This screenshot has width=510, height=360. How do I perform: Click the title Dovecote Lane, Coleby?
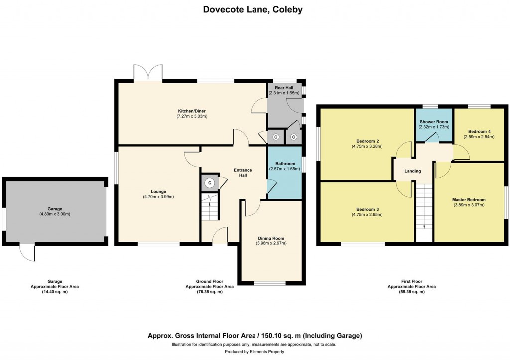pos(253,9)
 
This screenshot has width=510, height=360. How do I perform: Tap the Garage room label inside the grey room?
pos(55,209)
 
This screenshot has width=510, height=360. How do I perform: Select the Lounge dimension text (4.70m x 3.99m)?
pos(158,197)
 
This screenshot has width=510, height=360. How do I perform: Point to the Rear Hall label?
pos(284,88)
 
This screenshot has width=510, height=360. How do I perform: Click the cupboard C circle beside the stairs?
pos(210,183)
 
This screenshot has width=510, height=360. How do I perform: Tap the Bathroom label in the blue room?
pos(285,164)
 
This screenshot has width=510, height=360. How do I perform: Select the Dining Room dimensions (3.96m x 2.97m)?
pos(271,243)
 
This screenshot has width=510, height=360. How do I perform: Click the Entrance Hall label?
pos(243,173)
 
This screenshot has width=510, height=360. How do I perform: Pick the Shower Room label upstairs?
pos(434,122)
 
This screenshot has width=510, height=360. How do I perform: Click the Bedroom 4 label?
pos(479,132)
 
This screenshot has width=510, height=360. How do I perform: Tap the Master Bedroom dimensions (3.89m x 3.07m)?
pos(469,205)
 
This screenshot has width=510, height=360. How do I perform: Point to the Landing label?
pos(413,171)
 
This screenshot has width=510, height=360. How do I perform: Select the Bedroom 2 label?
pos(367,141)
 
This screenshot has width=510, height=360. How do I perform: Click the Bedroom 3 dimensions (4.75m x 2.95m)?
pos(367,215)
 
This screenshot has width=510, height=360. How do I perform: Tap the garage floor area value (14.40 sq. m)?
pos(55,292)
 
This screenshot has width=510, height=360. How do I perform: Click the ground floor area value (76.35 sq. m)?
pos(210,292)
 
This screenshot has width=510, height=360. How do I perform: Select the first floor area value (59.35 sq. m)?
pos(412,292)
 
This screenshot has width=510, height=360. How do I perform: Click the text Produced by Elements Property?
pos(255,352)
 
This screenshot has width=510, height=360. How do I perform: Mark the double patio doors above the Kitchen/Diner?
pos(148,72)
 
